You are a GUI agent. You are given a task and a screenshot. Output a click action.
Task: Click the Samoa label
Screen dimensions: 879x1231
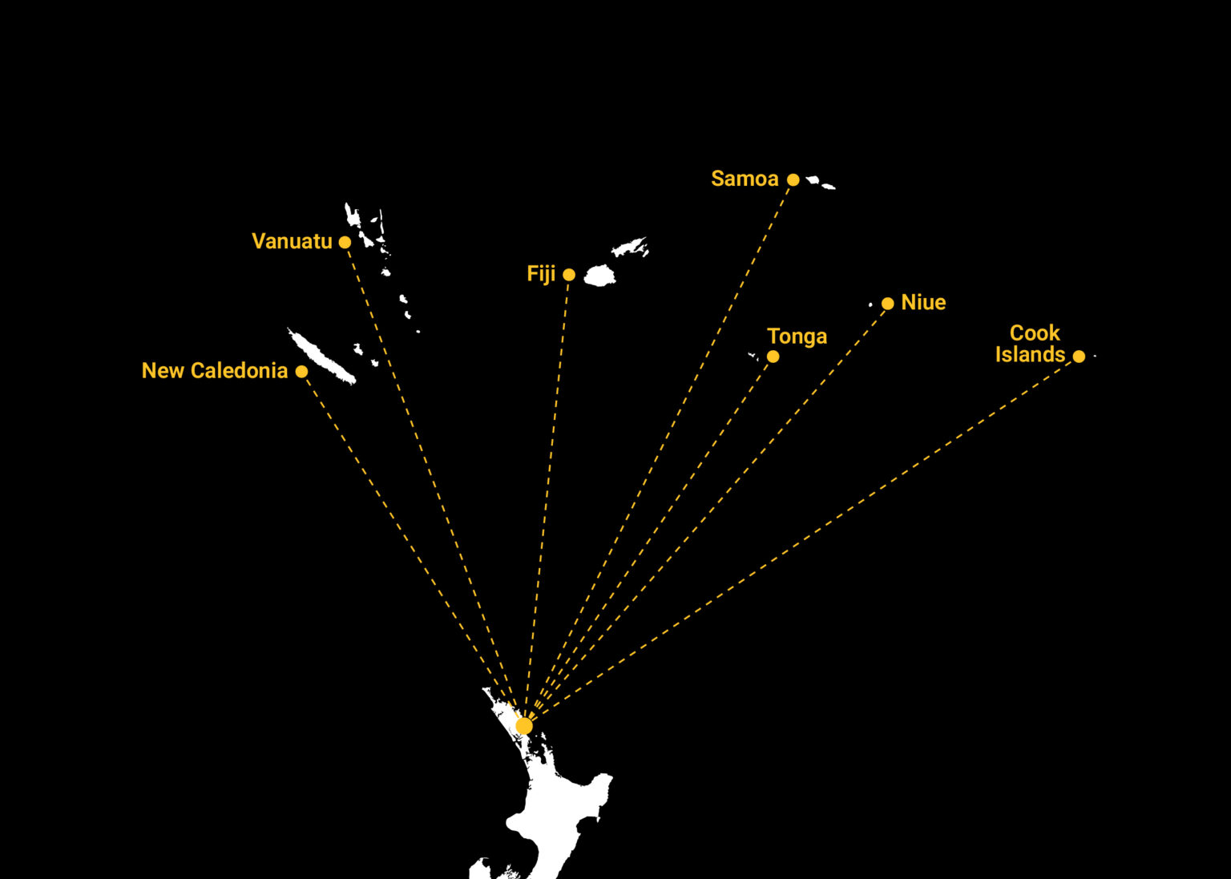pos(745,179)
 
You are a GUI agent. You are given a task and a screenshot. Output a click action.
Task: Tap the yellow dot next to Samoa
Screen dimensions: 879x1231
pos(793,179)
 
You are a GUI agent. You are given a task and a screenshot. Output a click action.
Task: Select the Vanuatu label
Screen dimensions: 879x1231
pos(292,241)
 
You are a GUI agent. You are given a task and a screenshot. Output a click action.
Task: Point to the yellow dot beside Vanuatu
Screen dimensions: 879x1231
pos(345,242)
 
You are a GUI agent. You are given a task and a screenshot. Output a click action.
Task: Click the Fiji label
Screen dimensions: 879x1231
pos(541,274)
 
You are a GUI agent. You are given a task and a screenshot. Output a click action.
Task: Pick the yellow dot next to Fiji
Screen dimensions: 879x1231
pos(569,275)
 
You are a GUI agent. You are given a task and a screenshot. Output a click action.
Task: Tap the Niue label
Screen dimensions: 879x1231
pos(923,302)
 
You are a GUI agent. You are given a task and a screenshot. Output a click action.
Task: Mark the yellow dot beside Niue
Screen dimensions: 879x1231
pos(887,304)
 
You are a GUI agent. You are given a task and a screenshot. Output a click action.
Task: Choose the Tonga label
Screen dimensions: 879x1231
pos(797,336)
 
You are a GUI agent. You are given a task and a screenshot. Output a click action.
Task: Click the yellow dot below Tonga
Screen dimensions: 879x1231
pos(773,357)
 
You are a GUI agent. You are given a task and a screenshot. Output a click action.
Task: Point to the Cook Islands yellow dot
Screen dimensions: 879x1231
pos(1079,357)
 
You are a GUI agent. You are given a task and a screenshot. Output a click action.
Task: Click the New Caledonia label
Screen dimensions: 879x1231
pos(215,370)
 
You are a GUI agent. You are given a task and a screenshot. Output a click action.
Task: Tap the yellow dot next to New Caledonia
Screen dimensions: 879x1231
pos(301,372)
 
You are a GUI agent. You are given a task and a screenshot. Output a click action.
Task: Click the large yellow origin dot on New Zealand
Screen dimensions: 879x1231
pos(524,726)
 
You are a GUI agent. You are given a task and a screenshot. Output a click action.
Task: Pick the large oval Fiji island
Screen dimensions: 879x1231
pos(599,276)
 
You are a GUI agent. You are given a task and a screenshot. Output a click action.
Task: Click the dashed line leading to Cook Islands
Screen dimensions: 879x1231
pos(801,541)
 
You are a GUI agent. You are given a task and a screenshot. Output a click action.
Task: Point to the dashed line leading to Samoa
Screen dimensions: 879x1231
pos(659,452)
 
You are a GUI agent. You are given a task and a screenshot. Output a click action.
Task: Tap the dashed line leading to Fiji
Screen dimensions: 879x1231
pos(547,500)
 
